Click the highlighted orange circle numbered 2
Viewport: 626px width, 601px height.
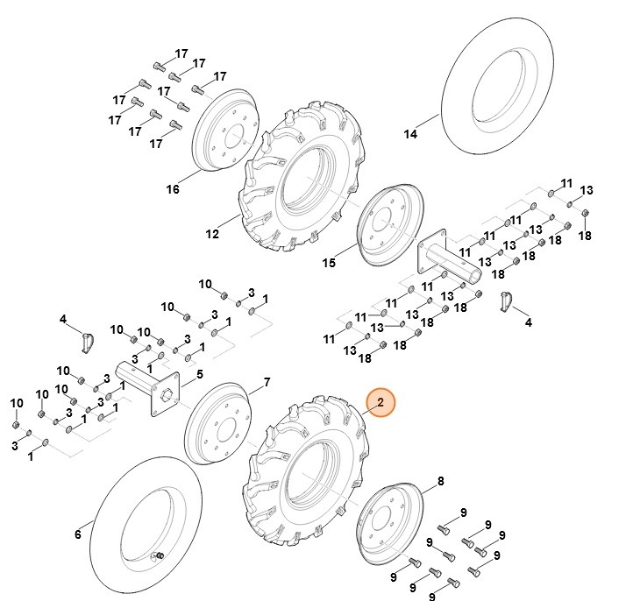381,403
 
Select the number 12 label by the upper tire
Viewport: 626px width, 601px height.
212,234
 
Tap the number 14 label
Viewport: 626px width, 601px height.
410,134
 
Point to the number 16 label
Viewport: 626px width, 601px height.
173,188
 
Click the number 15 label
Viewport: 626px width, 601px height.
329,262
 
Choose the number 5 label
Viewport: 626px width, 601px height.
199,375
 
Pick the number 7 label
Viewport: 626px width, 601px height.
267,382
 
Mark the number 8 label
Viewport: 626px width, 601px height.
440,480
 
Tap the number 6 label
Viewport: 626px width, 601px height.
77,534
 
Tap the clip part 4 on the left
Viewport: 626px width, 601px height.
87,339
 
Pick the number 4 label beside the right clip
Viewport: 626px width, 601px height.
528,322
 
